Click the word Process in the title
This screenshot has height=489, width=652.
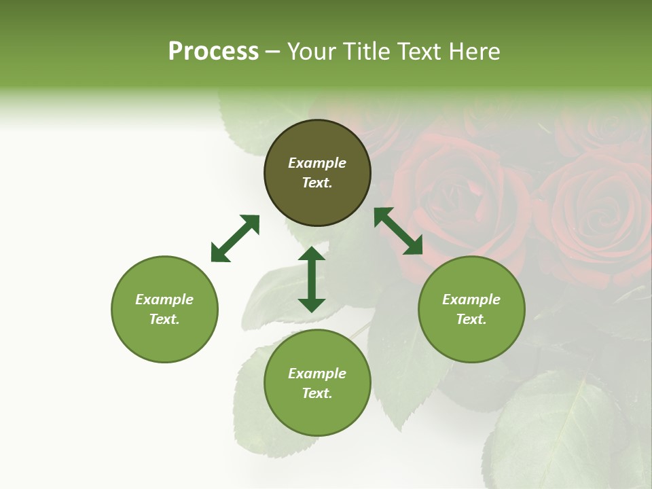pyautogui.click(x=213, y=52)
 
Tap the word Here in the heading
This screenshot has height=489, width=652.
pyautogui.click(x=474, y=52)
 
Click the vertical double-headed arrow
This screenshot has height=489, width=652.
pyautogui.click(x=312, y=279)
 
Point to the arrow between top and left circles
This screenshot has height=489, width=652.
pyautogui.click(x=235, y=238)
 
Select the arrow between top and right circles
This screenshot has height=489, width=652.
pyautogui.click(x=399, y=231)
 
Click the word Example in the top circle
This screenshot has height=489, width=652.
pyautogui.click(x=317, y=163)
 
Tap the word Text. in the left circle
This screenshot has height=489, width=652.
pyautogui.click(x=164, y=319)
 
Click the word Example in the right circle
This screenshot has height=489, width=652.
pyautogui.click(x=471, y=300)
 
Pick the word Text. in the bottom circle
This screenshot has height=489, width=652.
pyautogui.click(x=317, y=393)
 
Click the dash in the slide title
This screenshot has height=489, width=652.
pyautogui.click(x=273, y=52)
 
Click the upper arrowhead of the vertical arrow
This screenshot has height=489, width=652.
pyautogui.click(x=312, y=255)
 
